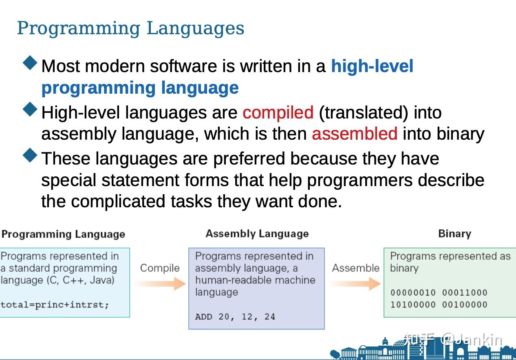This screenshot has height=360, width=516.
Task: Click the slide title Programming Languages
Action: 130,29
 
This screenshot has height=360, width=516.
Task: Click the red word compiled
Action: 278,113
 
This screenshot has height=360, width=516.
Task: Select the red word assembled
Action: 354,134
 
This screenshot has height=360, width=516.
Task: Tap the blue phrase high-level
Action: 372,66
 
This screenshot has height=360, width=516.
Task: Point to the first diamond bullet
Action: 30,63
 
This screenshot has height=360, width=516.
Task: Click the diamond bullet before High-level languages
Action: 30,109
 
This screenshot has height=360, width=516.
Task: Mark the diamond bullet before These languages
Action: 30,155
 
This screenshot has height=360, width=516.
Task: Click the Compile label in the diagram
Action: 159,268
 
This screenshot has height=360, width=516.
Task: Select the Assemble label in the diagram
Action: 355,268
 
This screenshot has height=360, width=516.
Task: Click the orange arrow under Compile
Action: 160,283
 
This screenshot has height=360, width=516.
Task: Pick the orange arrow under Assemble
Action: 355,283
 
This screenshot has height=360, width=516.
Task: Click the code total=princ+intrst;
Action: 55,305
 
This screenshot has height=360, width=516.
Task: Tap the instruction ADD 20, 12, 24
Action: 235,317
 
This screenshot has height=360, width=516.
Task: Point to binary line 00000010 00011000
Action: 439,293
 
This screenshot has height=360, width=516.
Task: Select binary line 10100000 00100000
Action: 439,305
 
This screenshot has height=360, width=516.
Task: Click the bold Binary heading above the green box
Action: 454,234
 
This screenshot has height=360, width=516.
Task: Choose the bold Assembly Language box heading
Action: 257,234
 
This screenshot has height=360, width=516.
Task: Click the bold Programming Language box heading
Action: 63,234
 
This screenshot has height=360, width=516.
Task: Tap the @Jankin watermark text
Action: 472,339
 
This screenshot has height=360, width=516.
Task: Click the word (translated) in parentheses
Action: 363,113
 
